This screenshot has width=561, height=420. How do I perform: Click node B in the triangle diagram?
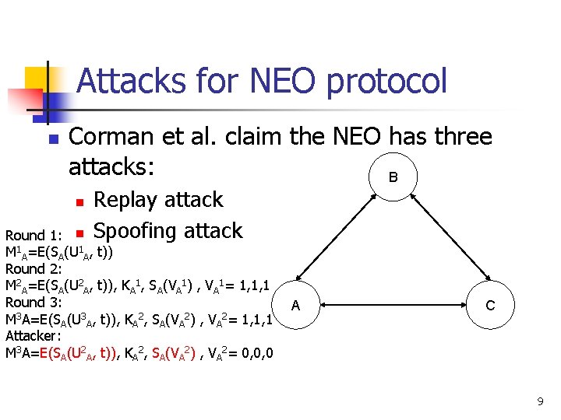click(393, 177)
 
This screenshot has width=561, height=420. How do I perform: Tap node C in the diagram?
click(490, 305)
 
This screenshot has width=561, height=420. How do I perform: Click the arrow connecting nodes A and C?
click(393, 305)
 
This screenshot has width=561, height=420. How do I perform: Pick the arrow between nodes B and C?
click(442, 241)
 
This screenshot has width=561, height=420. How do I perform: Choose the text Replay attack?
click(158, 200)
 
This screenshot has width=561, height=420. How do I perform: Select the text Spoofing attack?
click(168, 231)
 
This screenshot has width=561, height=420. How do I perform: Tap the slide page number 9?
click(539, 401)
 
